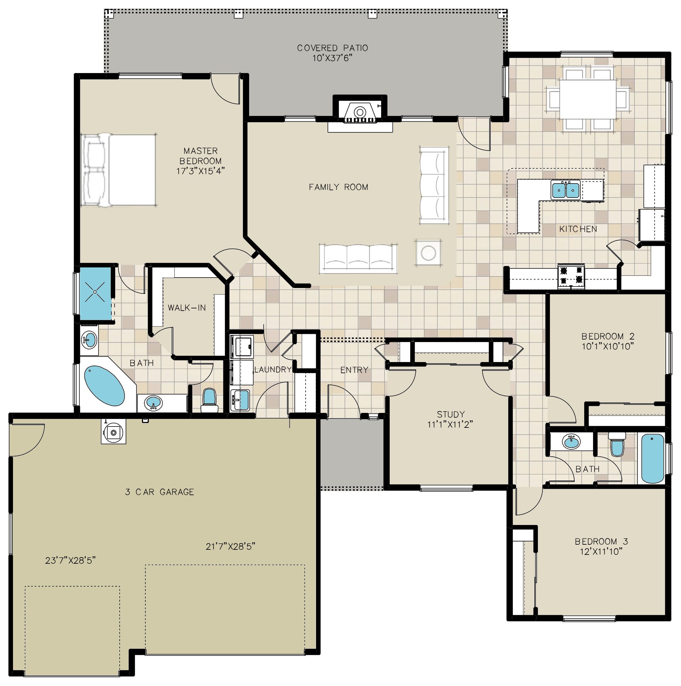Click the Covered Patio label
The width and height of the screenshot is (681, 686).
click(332, 48)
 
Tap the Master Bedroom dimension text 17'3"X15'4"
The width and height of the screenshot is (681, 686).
click(201, 171)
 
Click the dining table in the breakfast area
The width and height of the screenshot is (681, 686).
click(588, 100)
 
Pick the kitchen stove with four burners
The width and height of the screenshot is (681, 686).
click(571, 276)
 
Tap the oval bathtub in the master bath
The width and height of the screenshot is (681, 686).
click(104, 386)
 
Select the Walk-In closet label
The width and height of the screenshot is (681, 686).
click(187, 308)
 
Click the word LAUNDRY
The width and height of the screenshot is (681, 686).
click(273, 370)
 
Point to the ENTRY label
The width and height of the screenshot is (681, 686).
click(354, 370)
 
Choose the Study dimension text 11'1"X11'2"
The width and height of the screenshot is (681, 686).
click(450, 424)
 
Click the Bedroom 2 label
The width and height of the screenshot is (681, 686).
click(608, 336)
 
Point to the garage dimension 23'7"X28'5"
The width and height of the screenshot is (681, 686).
click(70, 560)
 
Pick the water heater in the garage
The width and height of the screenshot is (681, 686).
click(114, 432)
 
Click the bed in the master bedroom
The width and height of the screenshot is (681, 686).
click(119, 170)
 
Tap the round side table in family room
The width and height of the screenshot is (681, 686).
click(428, 253)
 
